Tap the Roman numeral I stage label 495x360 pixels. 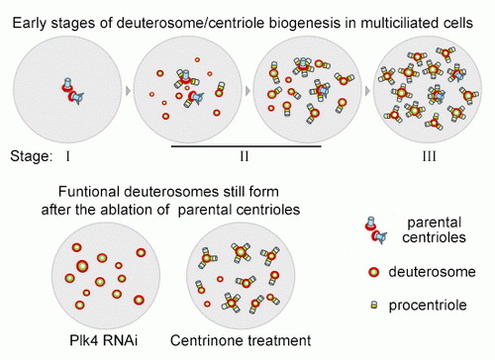click(67, 156)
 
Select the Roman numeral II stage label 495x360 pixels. click(245, 156)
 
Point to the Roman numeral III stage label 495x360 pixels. click(430, 156)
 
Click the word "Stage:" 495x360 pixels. click(32, 156)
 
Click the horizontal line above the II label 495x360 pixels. click(247, 145)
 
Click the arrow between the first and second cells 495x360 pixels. click(129, 91)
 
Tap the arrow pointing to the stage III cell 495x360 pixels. click(367, 91)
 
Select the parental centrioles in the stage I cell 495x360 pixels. click(72, 91)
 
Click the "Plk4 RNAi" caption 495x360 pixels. click(104, 340)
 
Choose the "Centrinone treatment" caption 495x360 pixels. click(241, 340)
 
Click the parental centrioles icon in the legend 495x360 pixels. click(376, 230)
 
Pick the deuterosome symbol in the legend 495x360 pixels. click(373, 272)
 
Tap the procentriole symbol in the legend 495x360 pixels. click(374, 305)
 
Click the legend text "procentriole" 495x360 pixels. click(428, 306)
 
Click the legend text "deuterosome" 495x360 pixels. click(432, 272)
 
